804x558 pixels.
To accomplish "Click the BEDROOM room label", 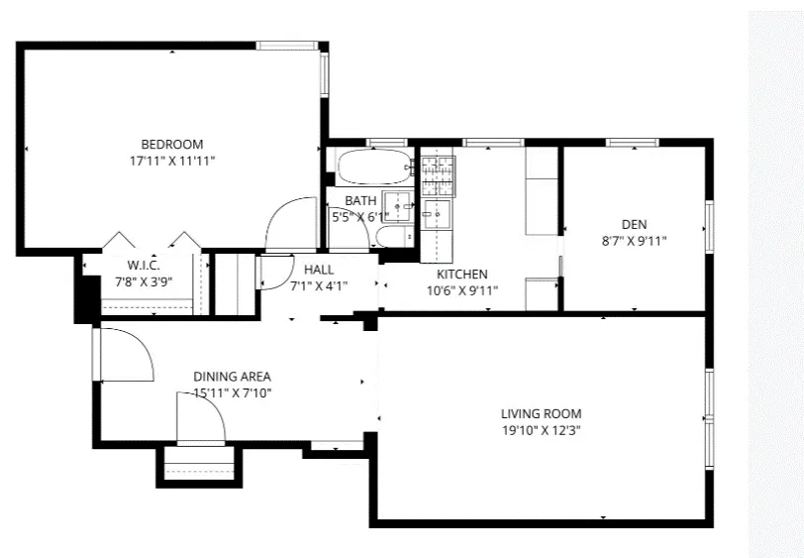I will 171,143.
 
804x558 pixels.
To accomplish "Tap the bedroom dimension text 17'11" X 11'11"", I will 171,160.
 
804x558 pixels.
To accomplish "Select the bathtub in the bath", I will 372,167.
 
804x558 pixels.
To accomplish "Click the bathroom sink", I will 399,206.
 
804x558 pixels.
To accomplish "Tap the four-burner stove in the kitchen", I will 438,175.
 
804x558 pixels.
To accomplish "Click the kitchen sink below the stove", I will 436,212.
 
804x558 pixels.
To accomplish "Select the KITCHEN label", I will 461,274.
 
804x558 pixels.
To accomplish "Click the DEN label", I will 634,224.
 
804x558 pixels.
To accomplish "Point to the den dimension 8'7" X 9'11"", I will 634,241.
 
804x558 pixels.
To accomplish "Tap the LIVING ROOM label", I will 541,413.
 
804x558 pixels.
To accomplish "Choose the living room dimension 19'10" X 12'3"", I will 541,430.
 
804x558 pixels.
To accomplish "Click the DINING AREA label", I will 232,376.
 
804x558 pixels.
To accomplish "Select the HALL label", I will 319,270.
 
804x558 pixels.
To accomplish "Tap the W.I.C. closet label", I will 144,265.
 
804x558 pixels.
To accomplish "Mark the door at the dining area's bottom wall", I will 201,417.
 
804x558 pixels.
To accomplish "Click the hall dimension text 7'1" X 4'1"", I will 319,286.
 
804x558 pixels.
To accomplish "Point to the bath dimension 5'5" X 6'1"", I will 360,216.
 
